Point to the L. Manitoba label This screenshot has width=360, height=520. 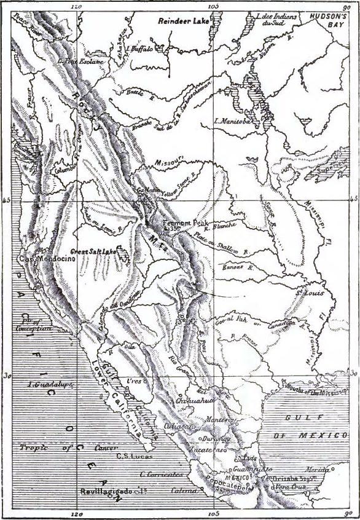tap(233, 122)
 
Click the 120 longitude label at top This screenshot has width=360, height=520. tap(77, 6)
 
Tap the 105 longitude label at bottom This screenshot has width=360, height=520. tap(214, 514)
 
